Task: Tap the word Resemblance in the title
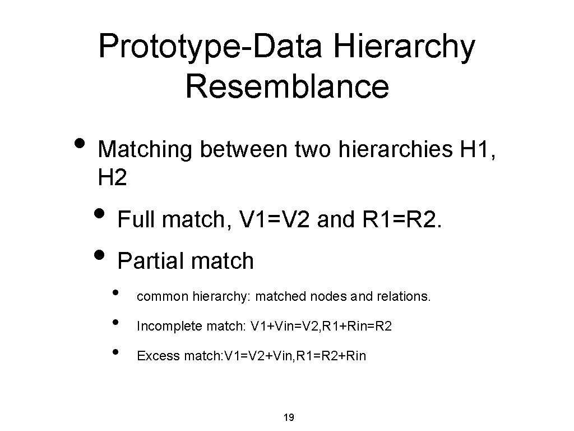click(286, 86)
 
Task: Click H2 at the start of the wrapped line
click(112, 178)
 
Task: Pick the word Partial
click(151, 260)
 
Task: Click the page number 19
click(289, 417)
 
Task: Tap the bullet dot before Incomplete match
click(115, 323)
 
